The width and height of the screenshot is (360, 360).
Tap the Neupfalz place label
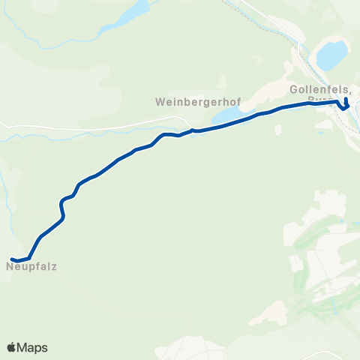tap(31, 265)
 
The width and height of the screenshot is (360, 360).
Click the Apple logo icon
tap(11, 347)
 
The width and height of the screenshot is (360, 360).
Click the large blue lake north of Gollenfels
tap(332, 55)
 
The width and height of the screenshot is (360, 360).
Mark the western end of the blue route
tap(13, 259)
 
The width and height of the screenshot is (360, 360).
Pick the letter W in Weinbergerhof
tap(158, 100)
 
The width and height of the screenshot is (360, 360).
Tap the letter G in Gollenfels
tap(293, 88)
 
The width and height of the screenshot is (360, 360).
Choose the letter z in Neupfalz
tap(55, 265)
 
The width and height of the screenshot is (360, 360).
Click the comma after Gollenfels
tap(349, 91)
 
